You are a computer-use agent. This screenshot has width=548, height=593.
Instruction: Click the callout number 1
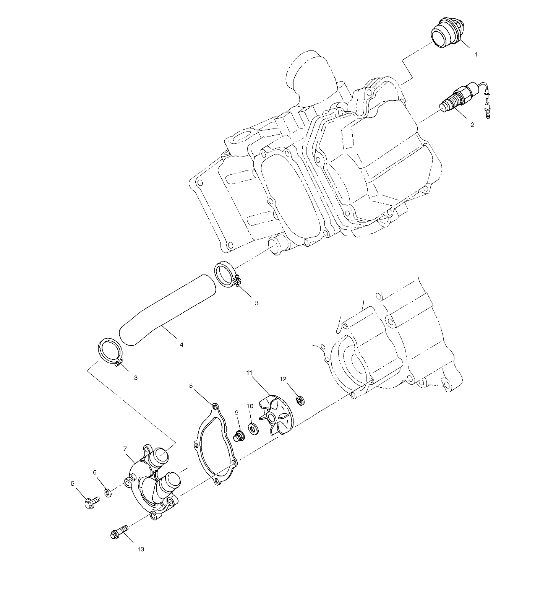pos(475,55)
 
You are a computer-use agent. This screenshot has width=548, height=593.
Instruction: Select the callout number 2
pos(472,125)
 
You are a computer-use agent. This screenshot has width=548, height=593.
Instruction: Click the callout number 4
pos(181,344)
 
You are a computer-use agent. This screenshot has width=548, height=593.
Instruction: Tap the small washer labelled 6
pos(108,492)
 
